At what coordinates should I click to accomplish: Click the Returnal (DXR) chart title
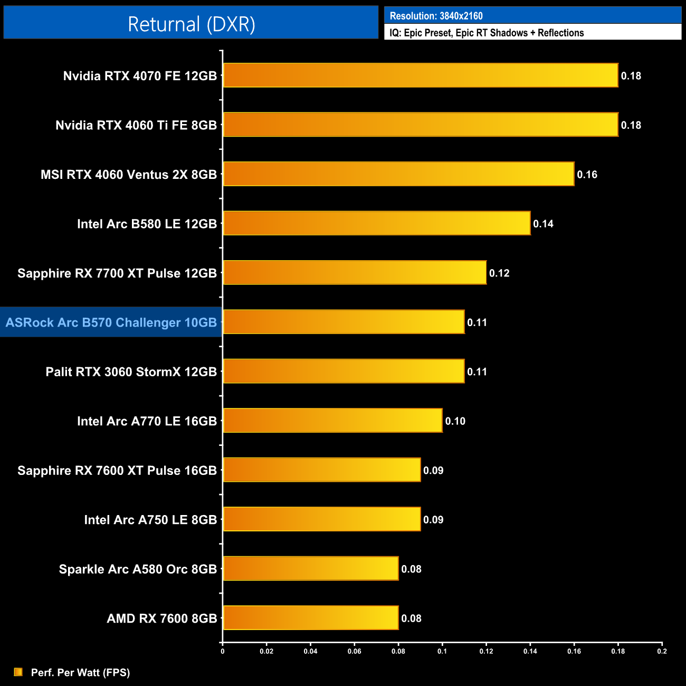point(191,24)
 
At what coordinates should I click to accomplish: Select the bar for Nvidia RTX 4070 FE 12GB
point(420,75)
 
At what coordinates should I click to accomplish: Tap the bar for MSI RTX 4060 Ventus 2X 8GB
point(398,174)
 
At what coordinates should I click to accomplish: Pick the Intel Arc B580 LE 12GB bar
point(376,223)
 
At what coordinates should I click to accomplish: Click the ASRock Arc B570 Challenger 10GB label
point(111,322)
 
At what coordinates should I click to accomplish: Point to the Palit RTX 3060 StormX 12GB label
point(131,371)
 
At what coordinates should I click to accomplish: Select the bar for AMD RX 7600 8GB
point(310,618)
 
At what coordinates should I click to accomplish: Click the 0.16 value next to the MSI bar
point(587,175)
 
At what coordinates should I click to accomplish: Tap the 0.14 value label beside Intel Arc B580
point(543,224)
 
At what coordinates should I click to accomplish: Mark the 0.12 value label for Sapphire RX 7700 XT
point(499,273)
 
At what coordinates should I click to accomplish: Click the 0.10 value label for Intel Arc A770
point(455,421)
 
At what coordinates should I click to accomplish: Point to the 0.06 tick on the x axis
point(354,651)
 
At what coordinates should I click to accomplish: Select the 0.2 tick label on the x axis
point(662,651)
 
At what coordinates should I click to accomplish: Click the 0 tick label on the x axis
point(223,651)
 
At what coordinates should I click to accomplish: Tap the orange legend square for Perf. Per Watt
point(18,672)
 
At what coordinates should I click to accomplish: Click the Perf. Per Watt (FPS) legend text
point(80,672)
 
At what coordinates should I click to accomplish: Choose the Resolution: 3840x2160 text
point(436,16)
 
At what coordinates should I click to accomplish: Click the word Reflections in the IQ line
point(560,33)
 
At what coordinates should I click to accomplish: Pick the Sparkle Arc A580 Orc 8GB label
point(138,569)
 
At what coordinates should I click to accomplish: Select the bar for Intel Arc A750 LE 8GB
point(321,519)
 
